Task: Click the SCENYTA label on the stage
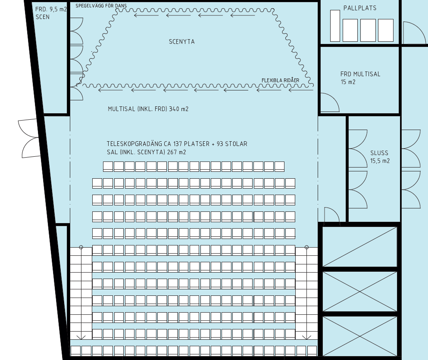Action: [182, 42]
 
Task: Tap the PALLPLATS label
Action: [360, 8]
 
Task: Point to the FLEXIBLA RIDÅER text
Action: [280, 80]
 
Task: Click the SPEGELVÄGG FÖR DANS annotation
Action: [101, 6]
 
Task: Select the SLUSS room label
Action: [379, 153]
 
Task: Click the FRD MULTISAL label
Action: [360, 74]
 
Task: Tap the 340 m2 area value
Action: [178, 109]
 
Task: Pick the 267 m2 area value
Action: [176, 152]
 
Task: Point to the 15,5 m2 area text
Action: [380, 161]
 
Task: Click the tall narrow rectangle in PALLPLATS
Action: [335, 26]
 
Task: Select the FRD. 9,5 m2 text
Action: [51, 9]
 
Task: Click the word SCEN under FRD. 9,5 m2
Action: [43, 17]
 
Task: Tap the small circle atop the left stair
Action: [81, 247]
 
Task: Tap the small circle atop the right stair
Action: [306, 247]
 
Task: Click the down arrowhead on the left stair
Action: [81, 338]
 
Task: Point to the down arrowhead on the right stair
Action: [306, 338]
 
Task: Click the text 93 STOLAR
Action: [232, 144]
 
